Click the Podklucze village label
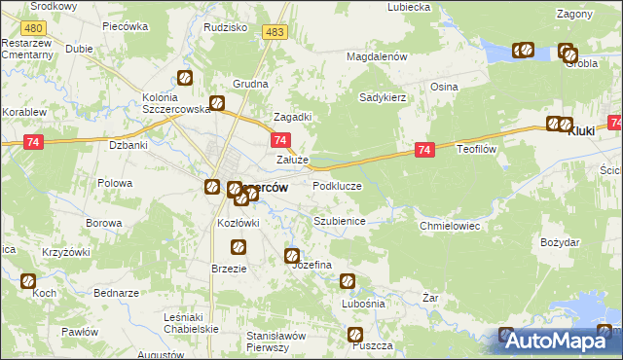(x=337, y=185)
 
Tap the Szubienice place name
(x=339, y=221)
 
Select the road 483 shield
(x=275, y=33)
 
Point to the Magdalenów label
(x=376, y=57)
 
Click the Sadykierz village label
(x=383, y=97)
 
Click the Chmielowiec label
(x=450, y=225)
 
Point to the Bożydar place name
(x=560, y=241)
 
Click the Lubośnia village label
(x=364, y=304)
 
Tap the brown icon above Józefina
(x=292, y=256)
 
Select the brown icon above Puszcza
(x=356, y=336)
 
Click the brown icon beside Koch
(x=28, y=282)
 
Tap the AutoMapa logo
(x=555, y=341)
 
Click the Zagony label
(x=574, y=14)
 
